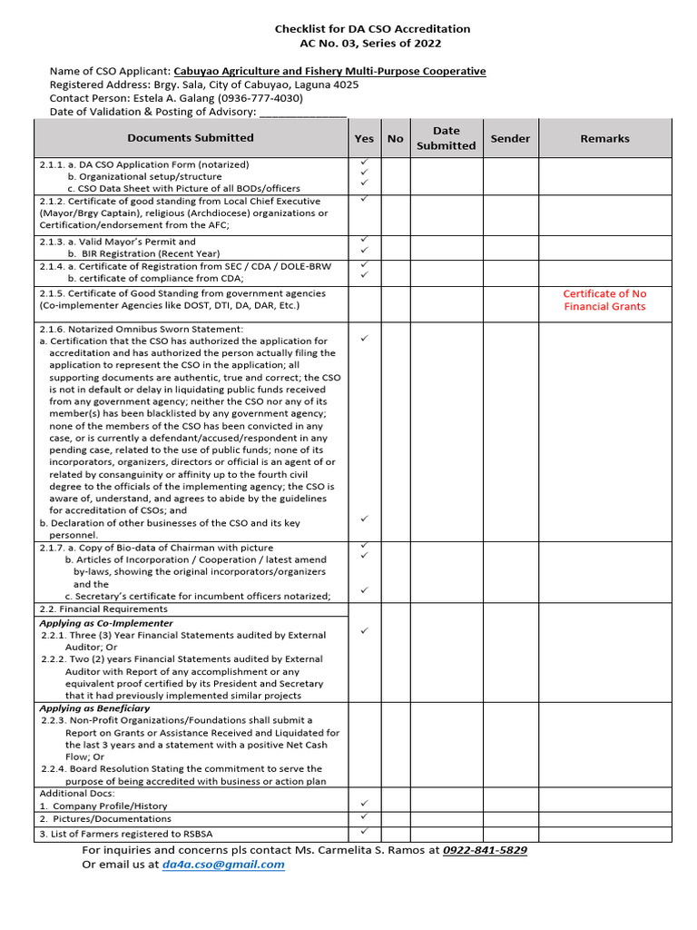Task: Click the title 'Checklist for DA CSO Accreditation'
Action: point(372,29)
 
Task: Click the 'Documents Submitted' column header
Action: point(191,138)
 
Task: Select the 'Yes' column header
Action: point(364,139)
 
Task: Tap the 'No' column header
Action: point(395,139)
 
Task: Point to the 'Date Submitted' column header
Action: point(446,138)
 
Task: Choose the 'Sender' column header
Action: point(510,139)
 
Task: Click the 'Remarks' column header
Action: point(604,139)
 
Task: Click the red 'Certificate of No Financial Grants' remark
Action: point(604,300)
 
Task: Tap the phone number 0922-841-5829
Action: point(485,850)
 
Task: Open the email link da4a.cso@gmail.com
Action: point(223,865)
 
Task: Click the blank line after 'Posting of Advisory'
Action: point(302,112)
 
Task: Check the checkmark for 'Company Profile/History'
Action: point(364,804)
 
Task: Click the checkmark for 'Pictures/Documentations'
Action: point(364,817)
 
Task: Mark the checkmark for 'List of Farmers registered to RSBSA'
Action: point(364,832)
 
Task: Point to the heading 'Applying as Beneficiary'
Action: point(94,707)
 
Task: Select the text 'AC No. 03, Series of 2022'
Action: point(372,44)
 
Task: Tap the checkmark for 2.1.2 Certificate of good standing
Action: point(364,198)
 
